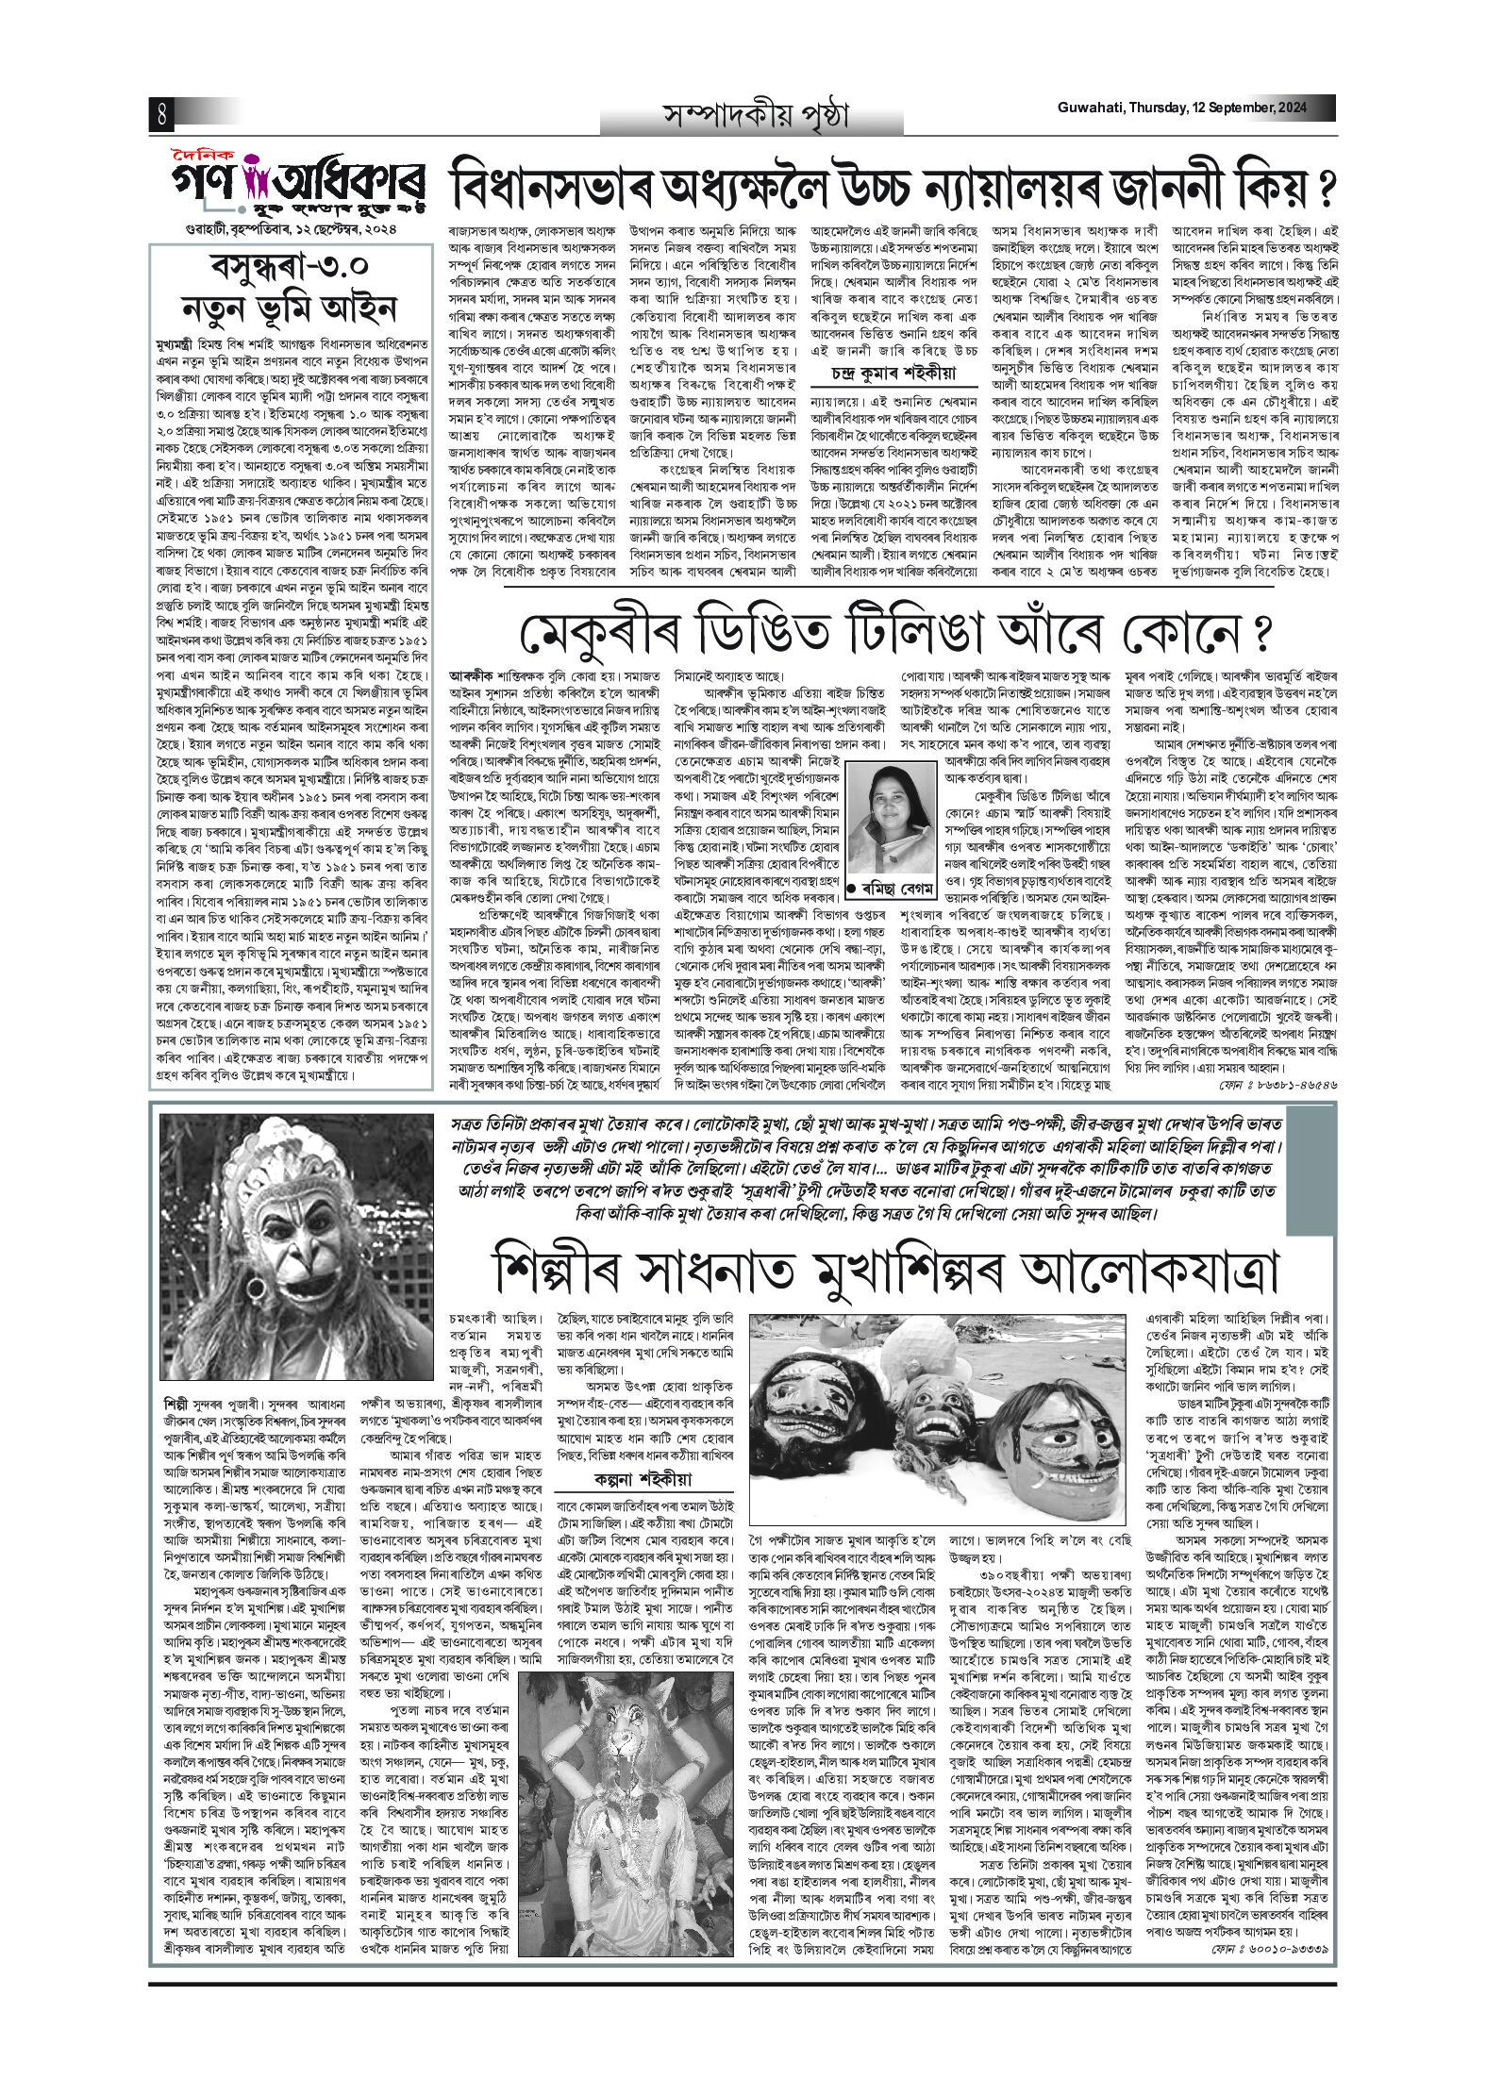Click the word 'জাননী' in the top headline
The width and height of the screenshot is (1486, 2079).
(x=1176, y=185)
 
